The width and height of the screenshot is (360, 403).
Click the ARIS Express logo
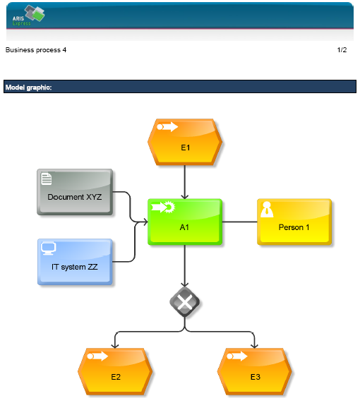(28, 16)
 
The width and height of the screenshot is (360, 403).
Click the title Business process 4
(36, 50)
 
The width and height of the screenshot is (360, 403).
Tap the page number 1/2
(342, 50)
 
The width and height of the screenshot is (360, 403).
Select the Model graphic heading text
(28, 88)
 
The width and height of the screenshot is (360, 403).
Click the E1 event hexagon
(185, 142)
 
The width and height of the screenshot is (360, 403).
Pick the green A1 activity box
(185, 222)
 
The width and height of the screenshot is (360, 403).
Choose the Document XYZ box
(75, 192)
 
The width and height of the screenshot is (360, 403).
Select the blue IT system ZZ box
(75, 262)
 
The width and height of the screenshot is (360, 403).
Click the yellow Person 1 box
(294, 222)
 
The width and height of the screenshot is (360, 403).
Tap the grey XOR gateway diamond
(185, 302)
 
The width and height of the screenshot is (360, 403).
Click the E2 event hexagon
(115, 371)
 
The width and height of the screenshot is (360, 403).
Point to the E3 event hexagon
(255, 371)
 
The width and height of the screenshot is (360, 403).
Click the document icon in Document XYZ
(47, 179)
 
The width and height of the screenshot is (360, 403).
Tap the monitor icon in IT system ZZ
(48, 248)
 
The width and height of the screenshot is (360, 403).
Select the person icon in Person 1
(267, 210)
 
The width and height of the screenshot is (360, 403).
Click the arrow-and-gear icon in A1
(163, 207)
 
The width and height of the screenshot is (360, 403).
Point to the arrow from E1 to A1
(185, 182)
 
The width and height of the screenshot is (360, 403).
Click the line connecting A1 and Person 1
(240, 222)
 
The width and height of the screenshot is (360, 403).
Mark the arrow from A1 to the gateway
(185, 266)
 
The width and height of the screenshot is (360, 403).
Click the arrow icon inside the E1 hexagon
(167, 127)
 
